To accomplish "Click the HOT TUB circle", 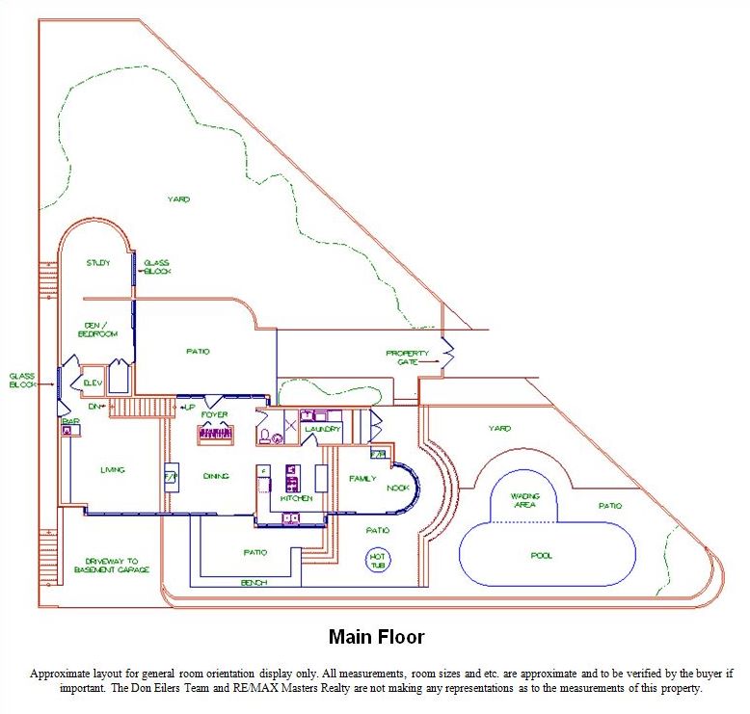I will pyautogui.click(x=376, y=559).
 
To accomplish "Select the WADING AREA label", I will pyautogui.click(x=525, y=500).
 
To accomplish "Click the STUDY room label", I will pyautogui.click(x=97, y=263).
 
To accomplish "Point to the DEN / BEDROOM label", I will pyautogui.click(x=97, y=330).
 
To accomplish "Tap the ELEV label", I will pyautogui.click(x=93, y=383).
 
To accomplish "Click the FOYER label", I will pyautogui.click(x=214, y=415).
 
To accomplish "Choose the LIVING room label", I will pyautogui.click(x=113, y=470).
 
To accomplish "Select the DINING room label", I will pyautogui.click(x=215, y=476).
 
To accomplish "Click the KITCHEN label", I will pyautogui.click(x=296, y=499).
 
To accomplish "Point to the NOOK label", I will pyautogui.click(x=397, y=488).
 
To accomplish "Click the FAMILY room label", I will pyautogui.click(x=362, y=478).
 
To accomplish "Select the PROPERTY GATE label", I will pyautogui.click(x=407, y=357).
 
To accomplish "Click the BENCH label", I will pyautogui.click(x=254, y=583).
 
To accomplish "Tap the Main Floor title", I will pyautogui.click(x=376, y=637).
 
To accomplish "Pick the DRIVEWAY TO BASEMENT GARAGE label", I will pyautogui.click(x=112, y=566).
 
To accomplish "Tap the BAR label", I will pyautogui.click(x=69, y=422).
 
